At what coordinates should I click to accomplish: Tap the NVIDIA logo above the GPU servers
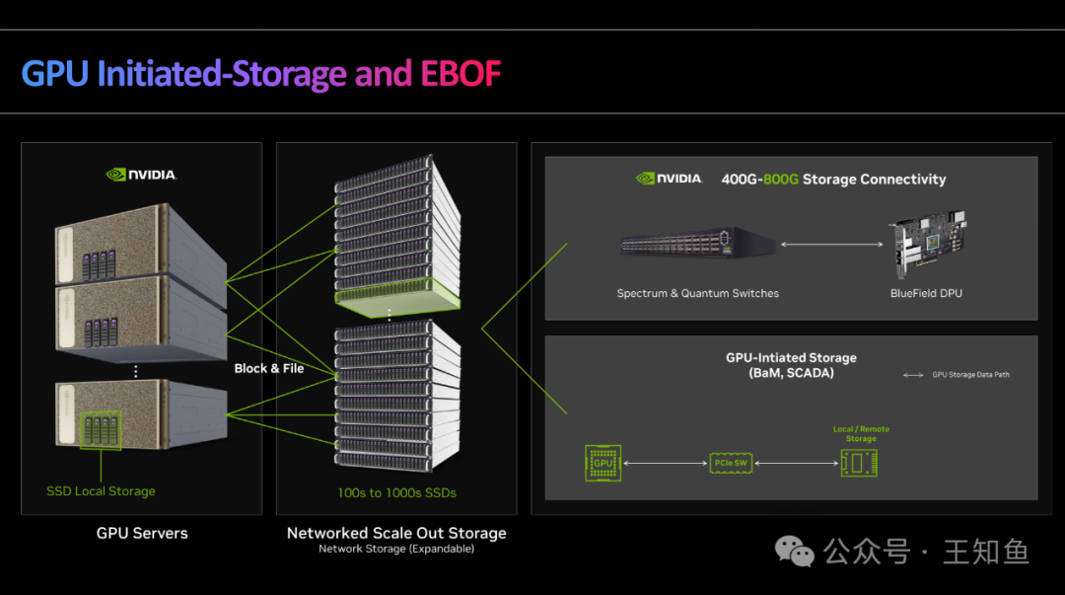(141, 175)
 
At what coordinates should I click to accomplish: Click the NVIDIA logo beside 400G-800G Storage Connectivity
(670, 179)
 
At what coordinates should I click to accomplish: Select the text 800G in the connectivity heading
(779, 180)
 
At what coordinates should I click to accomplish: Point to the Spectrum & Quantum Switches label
(698, 293)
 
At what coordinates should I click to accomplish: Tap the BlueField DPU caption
(926, 293)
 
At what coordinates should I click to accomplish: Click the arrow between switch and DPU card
(830, 243)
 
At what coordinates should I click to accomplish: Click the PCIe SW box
(729, 462)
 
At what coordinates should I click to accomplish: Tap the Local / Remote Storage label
(861, 433)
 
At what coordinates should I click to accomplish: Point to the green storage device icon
(859, 462)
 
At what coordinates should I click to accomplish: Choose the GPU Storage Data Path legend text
(970, 375)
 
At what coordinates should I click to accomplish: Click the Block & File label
(269, 368)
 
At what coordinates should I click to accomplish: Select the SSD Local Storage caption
(101, 490)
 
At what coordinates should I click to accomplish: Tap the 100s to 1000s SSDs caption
(396, 491)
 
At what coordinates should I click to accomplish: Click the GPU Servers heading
(142, 533)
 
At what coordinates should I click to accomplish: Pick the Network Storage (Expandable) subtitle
(396, 549)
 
